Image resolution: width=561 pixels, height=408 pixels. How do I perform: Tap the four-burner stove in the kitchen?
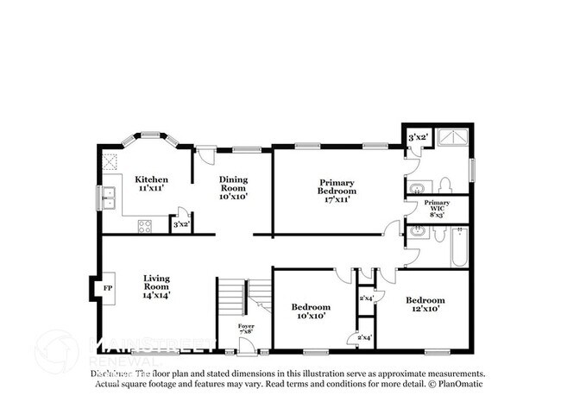145,227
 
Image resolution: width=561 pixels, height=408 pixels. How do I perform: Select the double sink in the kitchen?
109,198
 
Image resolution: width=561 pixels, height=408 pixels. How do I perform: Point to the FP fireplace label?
108,288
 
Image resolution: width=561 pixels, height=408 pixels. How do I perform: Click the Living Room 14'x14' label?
156,286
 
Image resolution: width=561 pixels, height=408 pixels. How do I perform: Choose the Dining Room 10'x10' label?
233,188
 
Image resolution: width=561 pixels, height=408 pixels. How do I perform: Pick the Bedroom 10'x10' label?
310,311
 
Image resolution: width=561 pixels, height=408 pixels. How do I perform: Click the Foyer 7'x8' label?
247,330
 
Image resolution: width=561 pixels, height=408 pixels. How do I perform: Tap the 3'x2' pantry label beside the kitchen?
181,224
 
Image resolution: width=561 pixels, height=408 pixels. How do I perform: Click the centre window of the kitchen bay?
151,135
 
